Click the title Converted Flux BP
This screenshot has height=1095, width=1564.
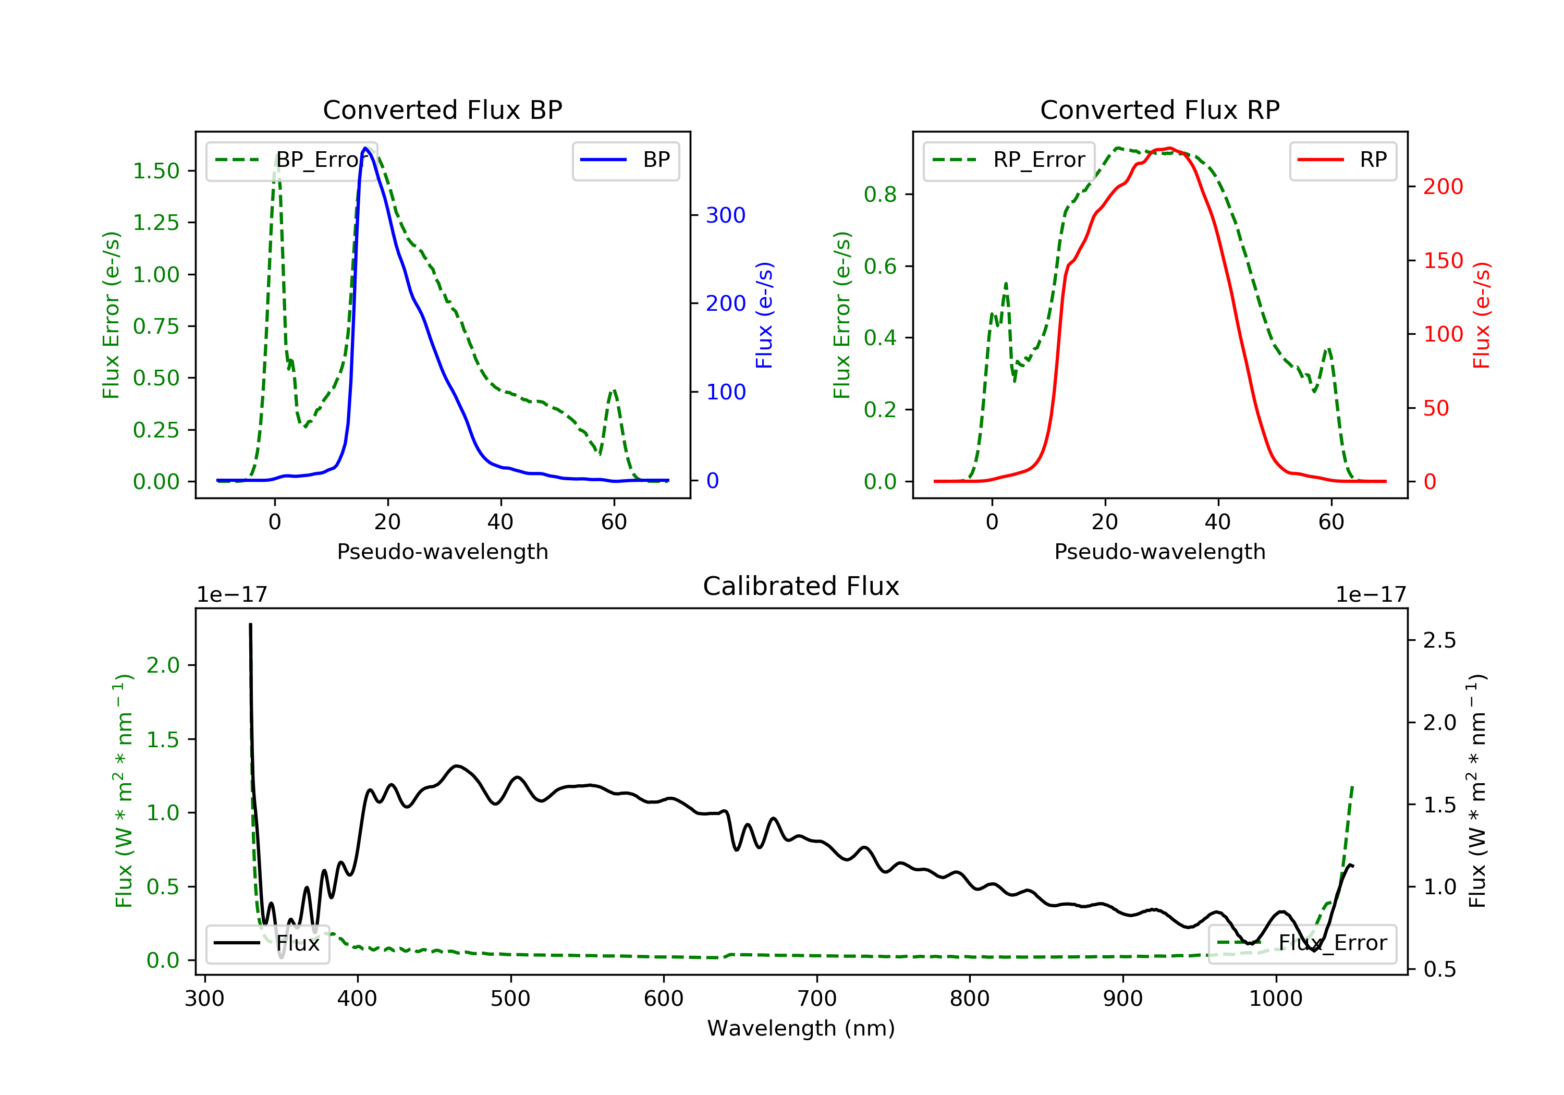coord(442,110)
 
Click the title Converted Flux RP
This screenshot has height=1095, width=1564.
coord(1159,110)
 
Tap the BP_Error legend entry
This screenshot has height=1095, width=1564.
coord(291,160)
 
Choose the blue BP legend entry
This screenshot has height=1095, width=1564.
coord(625,160)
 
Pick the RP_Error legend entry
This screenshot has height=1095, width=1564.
coord(1009,160)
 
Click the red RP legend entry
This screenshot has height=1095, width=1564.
coord(1342,160)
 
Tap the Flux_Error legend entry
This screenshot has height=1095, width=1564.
coord(1302,943)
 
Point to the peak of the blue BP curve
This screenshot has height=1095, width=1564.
coord(365,148)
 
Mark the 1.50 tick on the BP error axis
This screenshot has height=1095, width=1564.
coord(156,171)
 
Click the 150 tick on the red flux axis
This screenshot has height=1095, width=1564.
coord(1443,260)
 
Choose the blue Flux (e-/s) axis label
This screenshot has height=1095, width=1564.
coord(764,315)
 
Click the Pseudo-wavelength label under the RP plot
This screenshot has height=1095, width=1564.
coord(1159,552)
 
